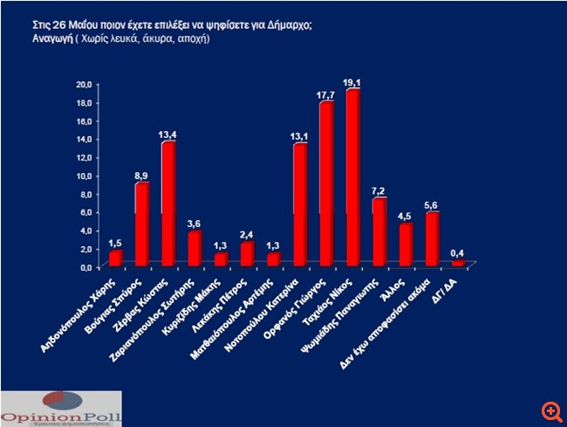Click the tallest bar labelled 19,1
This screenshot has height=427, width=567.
[x=353, y=178]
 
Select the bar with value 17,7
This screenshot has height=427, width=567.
[x=327, y=184]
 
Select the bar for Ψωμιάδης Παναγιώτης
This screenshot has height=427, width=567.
[x=379, y=232]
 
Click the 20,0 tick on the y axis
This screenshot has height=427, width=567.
[x=84, y=84]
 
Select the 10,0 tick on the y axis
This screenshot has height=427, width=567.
[x=84, y=176]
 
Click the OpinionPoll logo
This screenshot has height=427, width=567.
[x=61, y=405]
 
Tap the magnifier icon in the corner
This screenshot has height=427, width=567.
[x=549, y=409]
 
